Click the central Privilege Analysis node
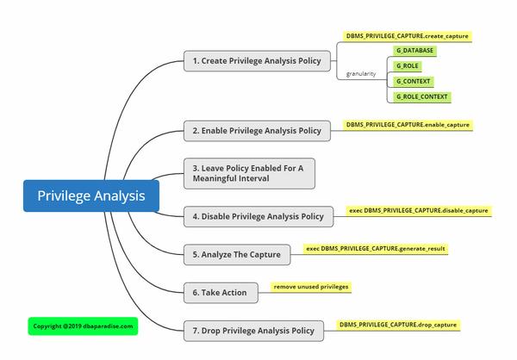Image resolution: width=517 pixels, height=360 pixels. (91, 196)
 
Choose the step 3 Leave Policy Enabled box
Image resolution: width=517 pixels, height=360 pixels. (249, 173)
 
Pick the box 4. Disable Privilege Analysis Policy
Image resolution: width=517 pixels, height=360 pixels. (258, 216)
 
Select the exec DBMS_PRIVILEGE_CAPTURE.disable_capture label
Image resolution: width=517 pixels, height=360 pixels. (419, 210)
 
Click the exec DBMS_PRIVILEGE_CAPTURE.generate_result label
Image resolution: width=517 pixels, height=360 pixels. (376, 248)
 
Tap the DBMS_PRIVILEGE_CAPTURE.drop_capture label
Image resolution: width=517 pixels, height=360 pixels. (397, 325)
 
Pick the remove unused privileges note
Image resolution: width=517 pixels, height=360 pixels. (311, 286)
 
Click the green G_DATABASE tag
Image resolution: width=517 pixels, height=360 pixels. (414, 51)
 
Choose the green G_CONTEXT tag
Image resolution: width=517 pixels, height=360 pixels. (413, 81)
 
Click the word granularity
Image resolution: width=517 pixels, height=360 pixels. (361, 74)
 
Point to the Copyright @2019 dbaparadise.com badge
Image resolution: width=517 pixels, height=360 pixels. (83, 326)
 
